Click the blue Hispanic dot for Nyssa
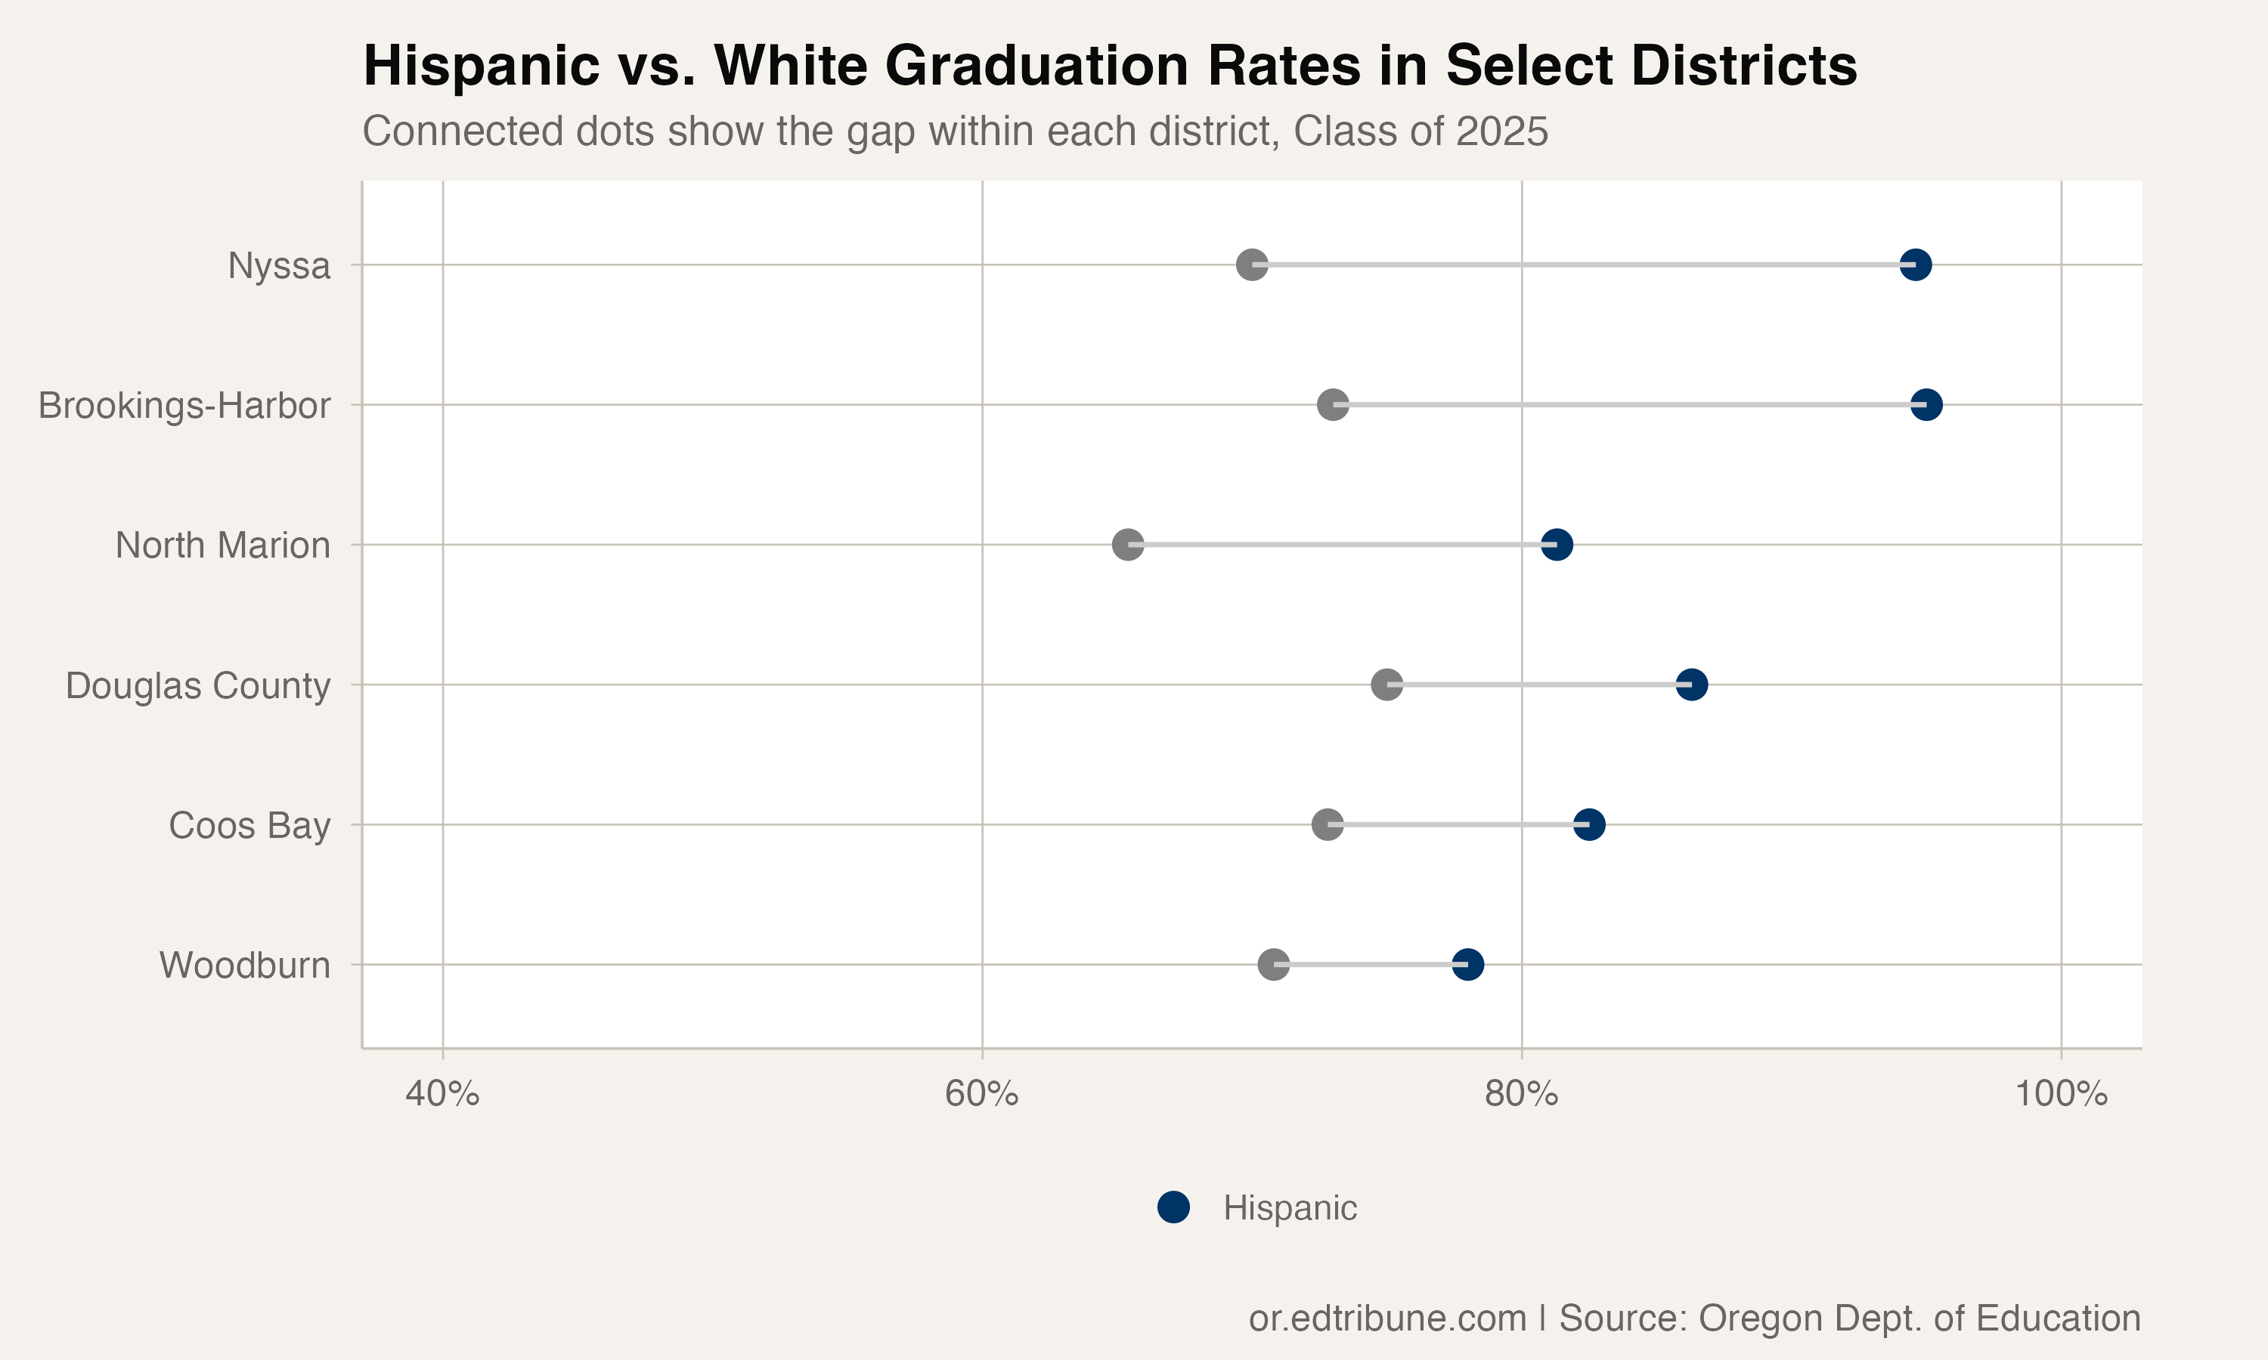tap(1915, 265)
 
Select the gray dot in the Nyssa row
tap(1252, 265)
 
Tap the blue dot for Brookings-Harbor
tap(1926, 404)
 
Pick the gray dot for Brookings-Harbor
tap(1333, 404)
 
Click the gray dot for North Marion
tap(1128, 544)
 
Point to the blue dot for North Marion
tap(1557, 544)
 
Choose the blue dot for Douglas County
tap(1691, 685)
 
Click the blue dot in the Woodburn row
tap(1467, 964)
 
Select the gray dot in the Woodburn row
tap(1273, 964)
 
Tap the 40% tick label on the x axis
tap(443, 1094)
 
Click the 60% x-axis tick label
tap(982, 1094)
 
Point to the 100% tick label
tap(2061, 1094)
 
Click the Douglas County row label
tap(198, 685)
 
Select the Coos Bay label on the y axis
tap(249, 826)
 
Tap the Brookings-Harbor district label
tap(184, 405)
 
